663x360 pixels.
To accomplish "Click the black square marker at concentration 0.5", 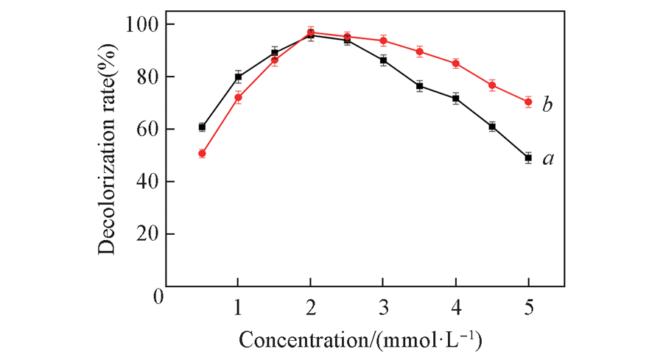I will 202,127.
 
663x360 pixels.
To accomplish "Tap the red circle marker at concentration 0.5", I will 202,153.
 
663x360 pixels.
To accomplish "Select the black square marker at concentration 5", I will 528,158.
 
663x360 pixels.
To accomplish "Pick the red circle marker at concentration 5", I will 528,102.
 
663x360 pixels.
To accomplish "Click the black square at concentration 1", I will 238,77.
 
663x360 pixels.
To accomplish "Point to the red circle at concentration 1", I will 238,97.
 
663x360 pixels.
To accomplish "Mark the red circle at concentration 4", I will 456,63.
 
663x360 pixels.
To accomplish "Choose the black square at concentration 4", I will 456,98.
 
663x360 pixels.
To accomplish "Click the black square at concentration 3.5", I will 419,86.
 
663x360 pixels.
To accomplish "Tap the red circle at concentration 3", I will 383,40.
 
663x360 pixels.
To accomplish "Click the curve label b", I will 547,105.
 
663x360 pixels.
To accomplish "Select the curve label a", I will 547,158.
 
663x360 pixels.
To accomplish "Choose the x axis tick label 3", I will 383,305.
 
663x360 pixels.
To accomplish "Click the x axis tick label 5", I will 528,305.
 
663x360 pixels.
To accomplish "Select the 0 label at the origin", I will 157,298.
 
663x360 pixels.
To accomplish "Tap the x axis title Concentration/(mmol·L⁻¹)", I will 361,340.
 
